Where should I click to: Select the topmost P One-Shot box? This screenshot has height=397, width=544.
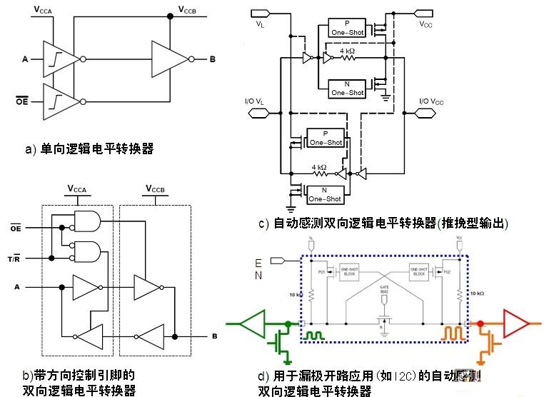click(x=347, y=29)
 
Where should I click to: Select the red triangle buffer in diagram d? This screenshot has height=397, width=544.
click(x=516, y=323)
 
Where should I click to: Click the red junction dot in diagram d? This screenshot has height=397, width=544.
click(x=480, y=323)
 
